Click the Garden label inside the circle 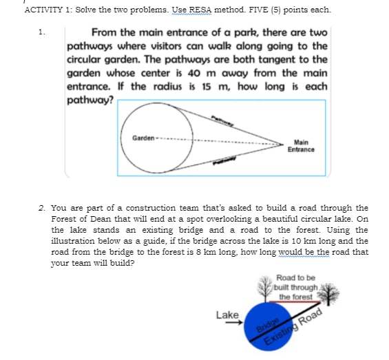(143, 139)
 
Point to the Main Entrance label (301, 146)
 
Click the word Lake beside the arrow (227, 315)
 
